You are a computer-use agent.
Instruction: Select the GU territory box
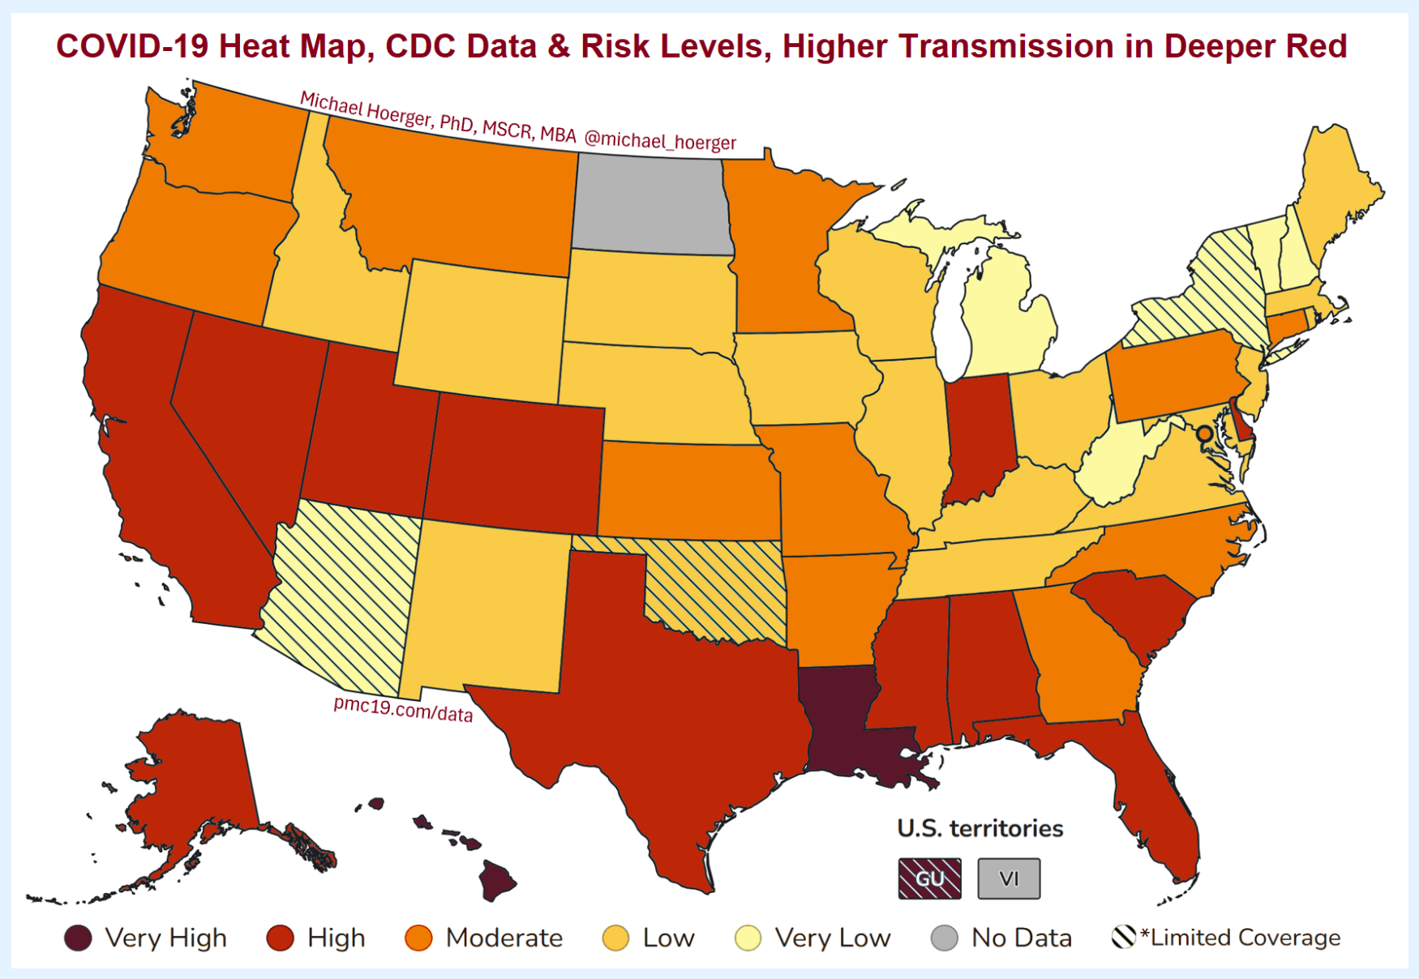(929, 879)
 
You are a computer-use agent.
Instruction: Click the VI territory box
(1009, 879)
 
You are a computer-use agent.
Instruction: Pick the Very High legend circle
(79, 938)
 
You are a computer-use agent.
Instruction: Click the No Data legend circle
(945, 938)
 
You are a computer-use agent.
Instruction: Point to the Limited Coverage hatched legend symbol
(1124, 938)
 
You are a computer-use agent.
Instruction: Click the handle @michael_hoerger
(660, 140)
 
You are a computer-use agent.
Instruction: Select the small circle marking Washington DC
(1205, 434)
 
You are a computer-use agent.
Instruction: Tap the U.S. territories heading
(980, 828)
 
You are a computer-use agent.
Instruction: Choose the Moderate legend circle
(419, 938)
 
